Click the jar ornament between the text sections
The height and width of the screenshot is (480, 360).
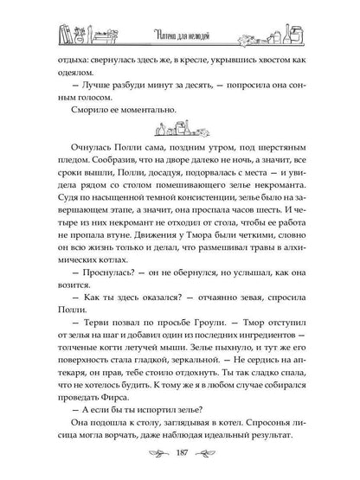[x=180, y=131]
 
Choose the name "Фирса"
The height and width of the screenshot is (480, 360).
[x=107, y=396]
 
